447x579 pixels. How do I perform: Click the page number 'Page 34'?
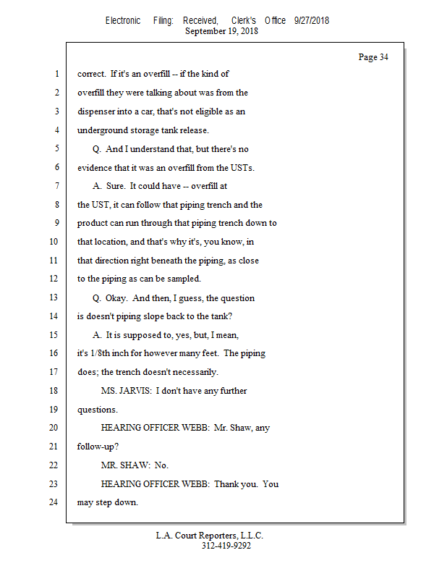point(373,57)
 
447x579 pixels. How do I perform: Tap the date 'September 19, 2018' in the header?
point(221,31)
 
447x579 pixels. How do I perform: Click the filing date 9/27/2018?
point(312,20)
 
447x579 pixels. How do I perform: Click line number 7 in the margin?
point(56,186)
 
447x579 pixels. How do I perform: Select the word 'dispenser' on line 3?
point(97,111)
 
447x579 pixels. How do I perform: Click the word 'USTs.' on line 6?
point(242,167)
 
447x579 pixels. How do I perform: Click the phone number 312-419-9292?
point(226,546)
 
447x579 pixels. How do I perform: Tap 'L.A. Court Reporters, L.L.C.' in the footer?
point(210,536)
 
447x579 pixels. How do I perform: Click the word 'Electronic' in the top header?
point(123,20)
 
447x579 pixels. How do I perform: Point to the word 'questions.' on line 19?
point(98,410)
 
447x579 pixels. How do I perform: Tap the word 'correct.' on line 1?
point(92,74)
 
